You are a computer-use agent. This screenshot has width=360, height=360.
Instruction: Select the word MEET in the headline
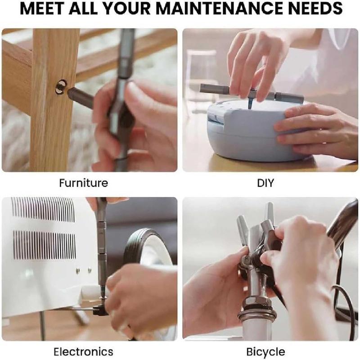42,8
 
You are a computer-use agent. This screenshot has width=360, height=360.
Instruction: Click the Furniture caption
84,183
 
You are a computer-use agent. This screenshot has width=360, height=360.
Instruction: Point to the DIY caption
265,183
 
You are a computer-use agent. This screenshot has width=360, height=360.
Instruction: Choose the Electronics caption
83,352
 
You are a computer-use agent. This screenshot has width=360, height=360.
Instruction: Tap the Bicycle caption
265,352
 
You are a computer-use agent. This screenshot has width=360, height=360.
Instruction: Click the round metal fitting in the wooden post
62,86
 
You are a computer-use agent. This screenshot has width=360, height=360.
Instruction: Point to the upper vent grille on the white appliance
43,209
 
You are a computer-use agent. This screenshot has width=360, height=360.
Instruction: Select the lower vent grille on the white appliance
44,245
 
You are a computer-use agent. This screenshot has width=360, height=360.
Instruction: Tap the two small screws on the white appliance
84,270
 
